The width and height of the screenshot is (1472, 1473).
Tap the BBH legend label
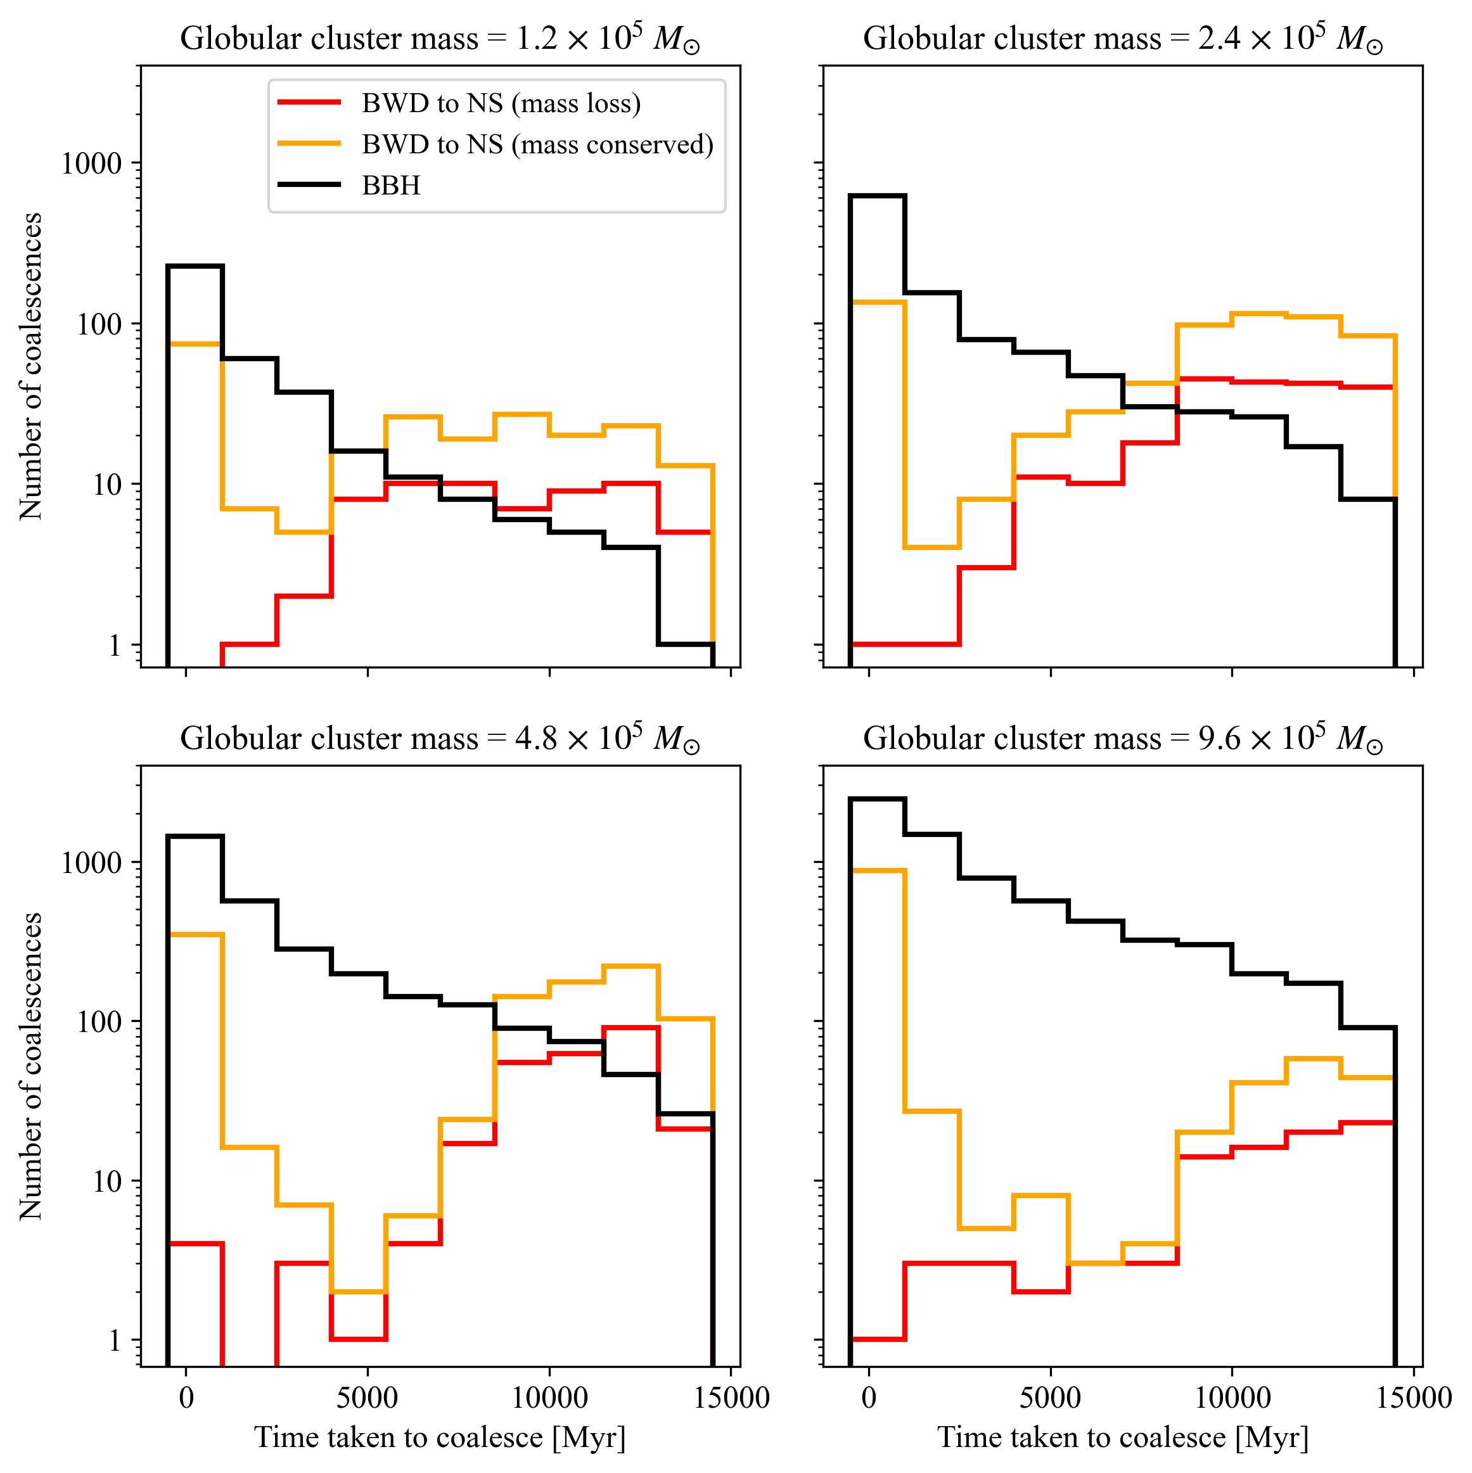pos(390,185)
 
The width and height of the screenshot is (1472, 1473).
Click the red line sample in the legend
pos(309,102)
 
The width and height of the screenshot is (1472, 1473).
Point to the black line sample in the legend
pos(309,184)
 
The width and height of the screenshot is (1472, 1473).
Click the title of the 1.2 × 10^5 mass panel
pos(440,38)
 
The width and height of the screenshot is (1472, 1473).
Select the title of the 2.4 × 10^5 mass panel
pos(1123,38)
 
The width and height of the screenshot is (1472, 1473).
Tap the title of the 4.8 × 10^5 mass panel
pos(440,738)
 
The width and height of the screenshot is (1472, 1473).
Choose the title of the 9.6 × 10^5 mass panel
pos(1123,738)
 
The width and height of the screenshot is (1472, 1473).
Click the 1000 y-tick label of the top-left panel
pos(91,163)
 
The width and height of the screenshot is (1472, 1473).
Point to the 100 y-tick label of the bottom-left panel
pos(99,1023)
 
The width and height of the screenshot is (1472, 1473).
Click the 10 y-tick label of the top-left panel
pos(108,485)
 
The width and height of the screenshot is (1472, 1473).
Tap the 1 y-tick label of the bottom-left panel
pos(115,1341)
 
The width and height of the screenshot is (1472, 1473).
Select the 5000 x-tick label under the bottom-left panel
pos(368,1398)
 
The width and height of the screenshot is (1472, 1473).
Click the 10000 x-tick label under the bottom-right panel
pos(1232,1398)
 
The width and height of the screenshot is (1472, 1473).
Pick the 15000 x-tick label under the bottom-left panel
pos(731,1398)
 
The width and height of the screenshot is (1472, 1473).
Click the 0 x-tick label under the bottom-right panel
pos(869,1398)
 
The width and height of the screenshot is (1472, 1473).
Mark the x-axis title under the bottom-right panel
pos(1123,1438)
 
